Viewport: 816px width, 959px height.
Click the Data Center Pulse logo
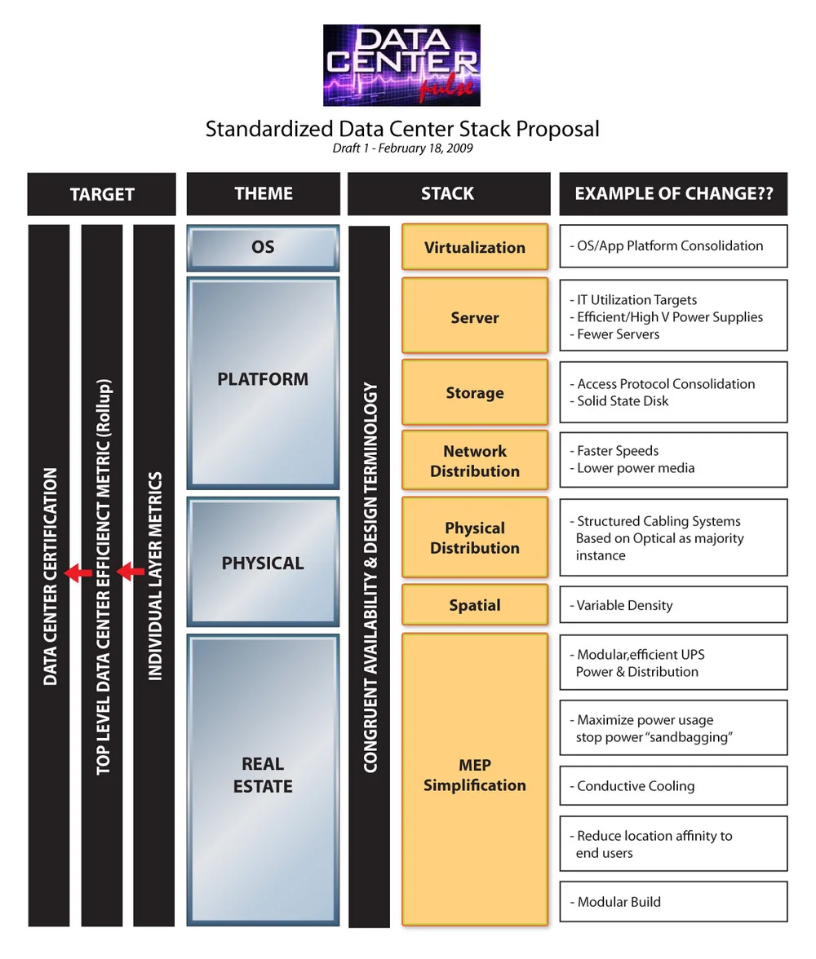(x=401, y=65)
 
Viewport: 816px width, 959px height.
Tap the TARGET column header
(x=102, y=194)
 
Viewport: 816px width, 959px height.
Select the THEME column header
(x=263, y=193)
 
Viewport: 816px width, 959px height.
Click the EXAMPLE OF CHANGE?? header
(x=673, y=193)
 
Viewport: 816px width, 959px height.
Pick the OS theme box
(x=263, y=247)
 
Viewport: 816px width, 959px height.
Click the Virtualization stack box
(x=474, y=247)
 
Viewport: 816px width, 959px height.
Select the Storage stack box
(x=474, y=392)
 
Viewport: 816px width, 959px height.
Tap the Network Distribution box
(x=474, y=461)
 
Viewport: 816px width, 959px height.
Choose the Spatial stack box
(x=474, y=605)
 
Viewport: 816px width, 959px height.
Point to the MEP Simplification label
(x=474, y=776)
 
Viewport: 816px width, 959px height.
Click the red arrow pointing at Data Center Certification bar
(x=78, y=572)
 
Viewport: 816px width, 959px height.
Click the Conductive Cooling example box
(x=673, y=786)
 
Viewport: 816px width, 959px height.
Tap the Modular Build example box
(x=673, y=902)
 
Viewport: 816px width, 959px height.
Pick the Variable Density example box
(x=673, y=605)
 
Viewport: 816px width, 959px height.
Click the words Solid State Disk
(x=623, y=401)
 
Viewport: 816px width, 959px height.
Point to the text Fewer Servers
(x=618, y=334)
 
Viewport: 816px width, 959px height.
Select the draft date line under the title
(x=402, y=148)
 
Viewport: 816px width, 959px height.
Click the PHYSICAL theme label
(x=263, y=563)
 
